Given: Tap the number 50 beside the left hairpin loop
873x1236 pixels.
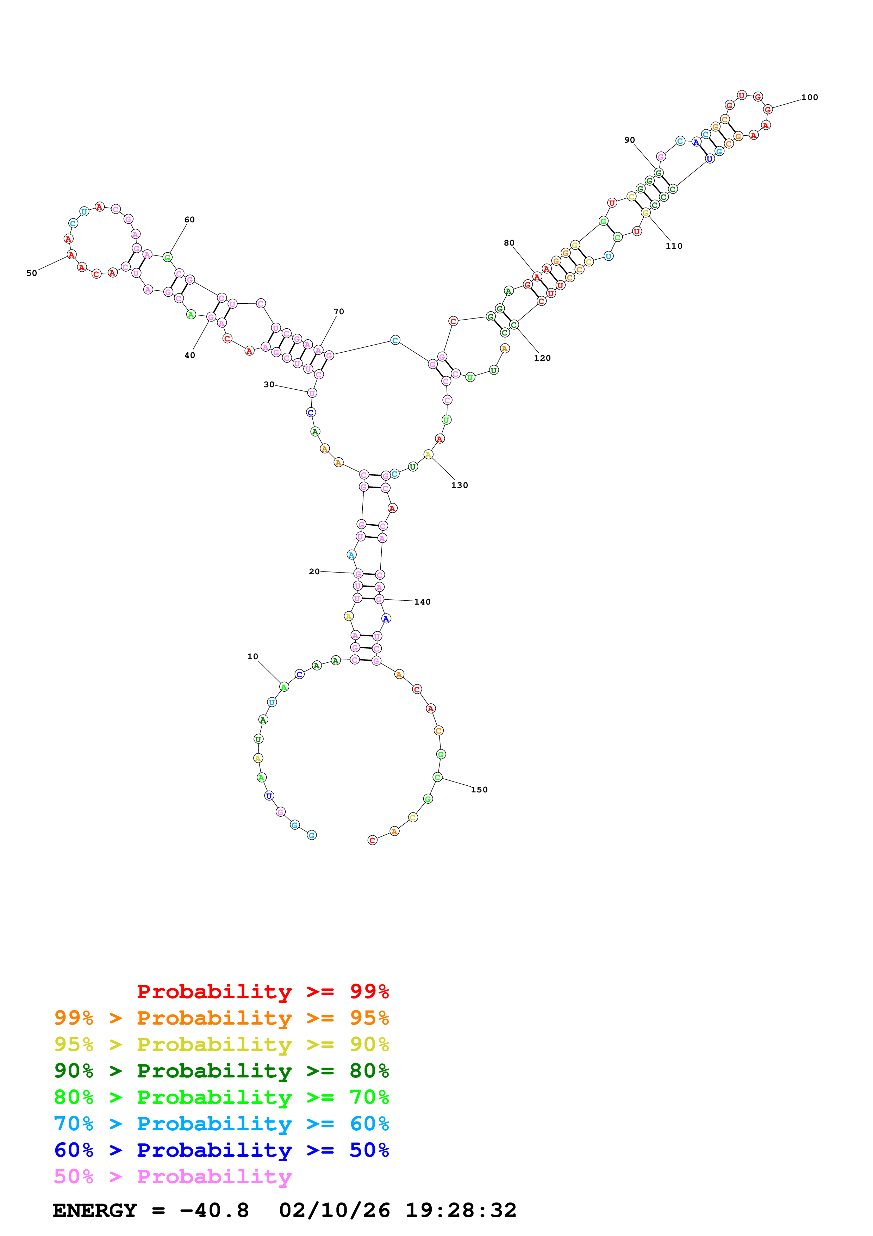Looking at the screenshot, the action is [x=32, y=273].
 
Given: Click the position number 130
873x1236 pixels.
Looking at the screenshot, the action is [x=459, y=485].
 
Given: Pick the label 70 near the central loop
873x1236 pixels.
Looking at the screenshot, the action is [x=338, y=312].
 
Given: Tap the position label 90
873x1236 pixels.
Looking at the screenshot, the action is [x=629, y=140].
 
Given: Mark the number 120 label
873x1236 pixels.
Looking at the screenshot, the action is [x=542, y=358].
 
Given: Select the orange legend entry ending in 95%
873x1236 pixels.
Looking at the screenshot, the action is [x=221, y=1018].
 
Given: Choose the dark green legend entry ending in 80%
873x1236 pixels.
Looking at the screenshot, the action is [x=221, y=1071].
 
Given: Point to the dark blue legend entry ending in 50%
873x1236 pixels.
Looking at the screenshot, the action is [x=221, y=1150].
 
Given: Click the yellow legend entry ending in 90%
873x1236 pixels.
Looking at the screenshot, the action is [x=221, y=1044].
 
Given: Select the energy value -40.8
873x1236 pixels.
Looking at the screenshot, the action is [x=214, y=1211].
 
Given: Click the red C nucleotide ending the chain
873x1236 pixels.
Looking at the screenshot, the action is [x=372, y=840].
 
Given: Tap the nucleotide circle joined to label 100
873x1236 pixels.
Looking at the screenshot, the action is [x=768, y=109].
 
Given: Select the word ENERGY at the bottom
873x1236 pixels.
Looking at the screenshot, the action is [x=95, y=1211].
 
